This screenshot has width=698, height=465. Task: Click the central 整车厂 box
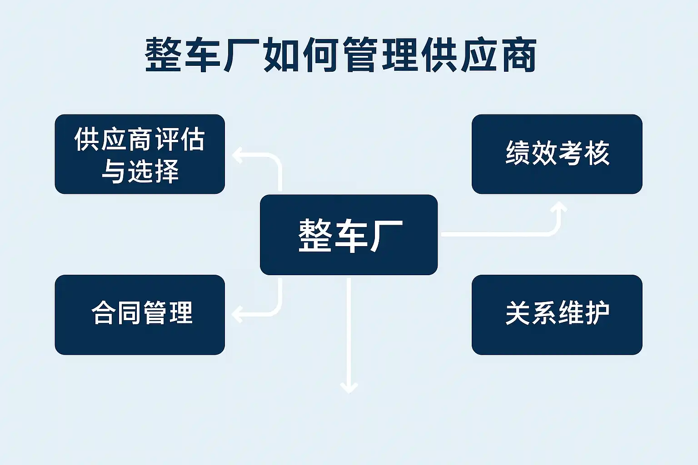[x=349, y=235]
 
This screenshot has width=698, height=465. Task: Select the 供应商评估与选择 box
[x=140, y=154]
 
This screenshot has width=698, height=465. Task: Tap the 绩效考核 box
[x=557, y=154]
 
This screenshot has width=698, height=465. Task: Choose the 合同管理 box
[x=140, y=315]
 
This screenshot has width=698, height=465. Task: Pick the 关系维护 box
[x=557, y=315]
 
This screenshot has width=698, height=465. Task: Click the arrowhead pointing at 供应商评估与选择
[x=238, y=155]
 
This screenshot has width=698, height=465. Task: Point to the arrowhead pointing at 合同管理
[x=238, y=314]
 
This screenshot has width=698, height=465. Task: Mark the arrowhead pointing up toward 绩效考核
[x=558, y=207]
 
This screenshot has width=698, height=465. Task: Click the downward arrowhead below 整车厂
[x=349, y=388]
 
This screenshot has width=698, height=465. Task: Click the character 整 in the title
[x=163, y=55]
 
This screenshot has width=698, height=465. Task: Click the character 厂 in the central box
[x=386, y=236]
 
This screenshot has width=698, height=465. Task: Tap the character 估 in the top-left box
[x=193, y=139]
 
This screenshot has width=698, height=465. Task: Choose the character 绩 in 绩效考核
[x=518, y=153]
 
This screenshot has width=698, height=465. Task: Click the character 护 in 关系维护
[x=597, y=313]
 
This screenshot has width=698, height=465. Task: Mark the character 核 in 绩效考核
[x=597, y=153]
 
